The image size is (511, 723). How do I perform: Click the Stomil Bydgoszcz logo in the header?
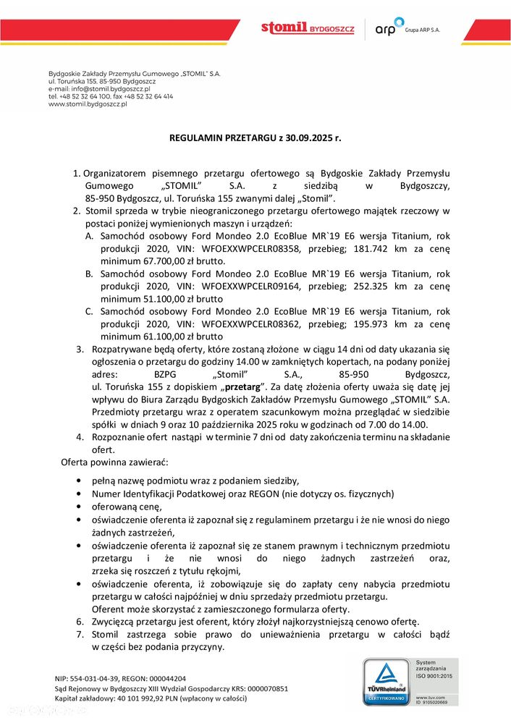308,28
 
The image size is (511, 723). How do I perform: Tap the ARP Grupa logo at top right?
406,29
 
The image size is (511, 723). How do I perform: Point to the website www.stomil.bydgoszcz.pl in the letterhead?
87,104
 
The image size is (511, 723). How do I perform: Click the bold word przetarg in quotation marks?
242,386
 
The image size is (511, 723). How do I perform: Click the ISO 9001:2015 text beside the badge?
433,675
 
